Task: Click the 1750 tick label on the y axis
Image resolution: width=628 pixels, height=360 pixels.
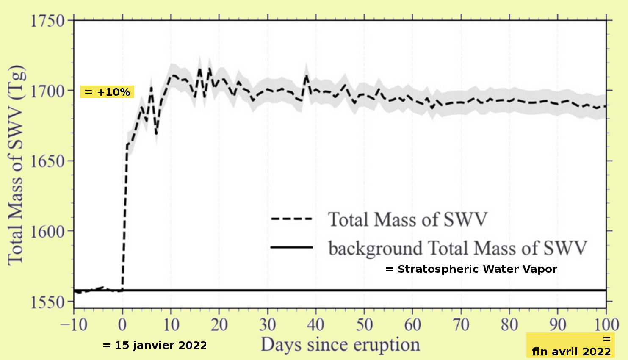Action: pyautogui.click(x=47, y=20)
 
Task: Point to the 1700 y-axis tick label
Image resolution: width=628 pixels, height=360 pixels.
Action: pyautogui.click(x=47, y=91)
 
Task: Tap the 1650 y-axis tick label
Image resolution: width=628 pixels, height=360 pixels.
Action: pyautogui.click(x=47, y=161)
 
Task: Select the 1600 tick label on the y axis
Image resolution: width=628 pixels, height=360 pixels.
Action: pyautogui.click(x=47, y=232)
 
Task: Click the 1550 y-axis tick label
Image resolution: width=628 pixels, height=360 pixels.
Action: pyautogui.click(x=47, y=302)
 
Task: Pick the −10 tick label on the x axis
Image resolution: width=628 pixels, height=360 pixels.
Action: pyautogui.click(x=74, y=325)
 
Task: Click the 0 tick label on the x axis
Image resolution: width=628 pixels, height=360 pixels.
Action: pyautogui.click(x=122, y=325)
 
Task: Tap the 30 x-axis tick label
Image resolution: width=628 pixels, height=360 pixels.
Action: pyautogui.click(x=268, y=325)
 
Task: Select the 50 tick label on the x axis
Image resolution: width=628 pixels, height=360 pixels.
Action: pyautogui.click(x=364, y=325)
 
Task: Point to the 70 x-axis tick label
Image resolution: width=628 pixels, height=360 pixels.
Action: pyautogui.click(x=461, y=325)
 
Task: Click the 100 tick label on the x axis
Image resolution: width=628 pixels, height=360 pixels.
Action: pyautogui.click(x=606, y=325)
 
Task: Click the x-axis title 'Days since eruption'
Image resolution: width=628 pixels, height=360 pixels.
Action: pyautogui.click(x=340, y=345)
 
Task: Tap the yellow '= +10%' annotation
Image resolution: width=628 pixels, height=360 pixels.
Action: pyautogui.click(x=107, y=92)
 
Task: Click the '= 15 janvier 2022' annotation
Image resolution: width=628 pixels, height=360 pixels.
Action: pyautogui.click(x=155, y=346)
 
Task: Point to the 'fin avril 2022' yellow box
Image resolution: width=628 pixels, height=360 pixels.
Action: pyautogui.click(x=570, y=346)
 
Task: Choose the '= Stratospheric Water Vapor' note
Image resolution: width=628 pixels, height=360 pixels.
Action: pyautogui.click(x=471, y=269)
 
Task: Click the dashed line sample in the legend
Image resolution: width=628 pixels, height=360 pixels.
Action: pyautogui.click(x=291, y=219)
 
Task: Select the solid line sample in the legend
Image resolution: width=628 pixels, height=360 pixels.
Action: pyautogui.click(x=291, y=247)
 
